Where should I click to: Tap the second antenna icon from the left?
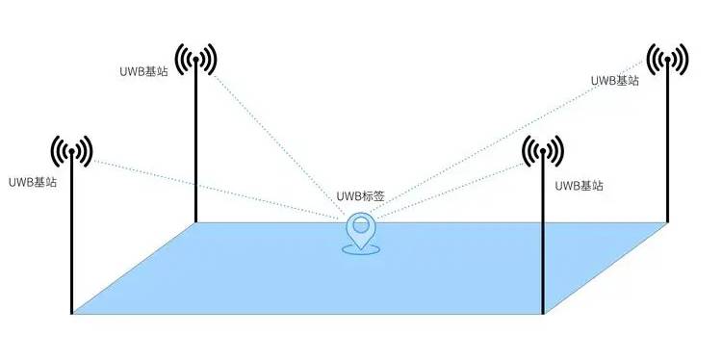pyautogui.click(x=196, y=60)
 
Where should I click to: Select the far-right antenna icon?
pyautogui.click(x=666, y=60)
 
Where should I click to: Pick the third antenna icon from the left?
pyautogui.click(x=543, y=151)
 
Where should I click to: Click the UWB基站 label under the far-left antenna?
pyautogui.click(x=32, y=182)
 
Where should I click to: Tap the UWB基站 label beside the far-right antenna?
pyautogui.click(x=615, y=80)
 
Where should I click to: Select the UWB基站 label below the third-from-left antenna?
pyautogui.click(x=580, y=185)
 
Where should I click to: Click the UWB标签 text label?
pyautogui.click(x=361, y=196)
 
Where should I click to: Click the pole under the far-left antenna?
pyautogui.click(x=72, y=241)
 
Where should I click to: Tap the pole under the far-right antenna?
pyautogui.click(x=666, y=144)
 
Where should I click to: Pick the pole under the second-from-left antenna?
pyautogui.click(x=196, y=144)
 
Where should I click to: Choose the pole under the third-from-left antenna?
pyautogui.click(x=543, y=241)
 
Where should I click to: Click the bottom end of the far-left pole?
pyautogui.click(x=72, y=312)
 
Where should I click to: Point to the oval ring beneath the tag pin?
pyautogui.click(x=361, y=252)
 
